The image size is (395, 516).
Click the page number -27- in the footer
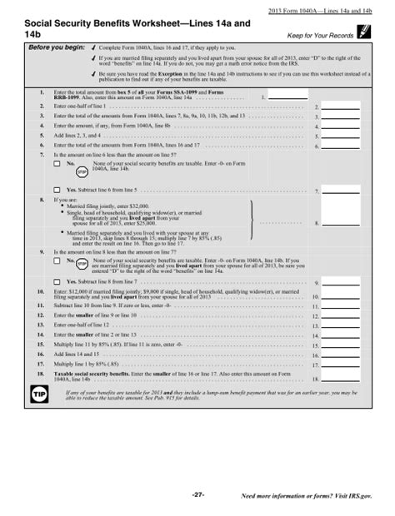tap(198, 495)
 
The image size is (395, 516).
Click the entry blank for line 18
tap(342, 379)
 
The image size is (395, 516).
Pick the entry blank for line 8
tap(342, 223)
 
